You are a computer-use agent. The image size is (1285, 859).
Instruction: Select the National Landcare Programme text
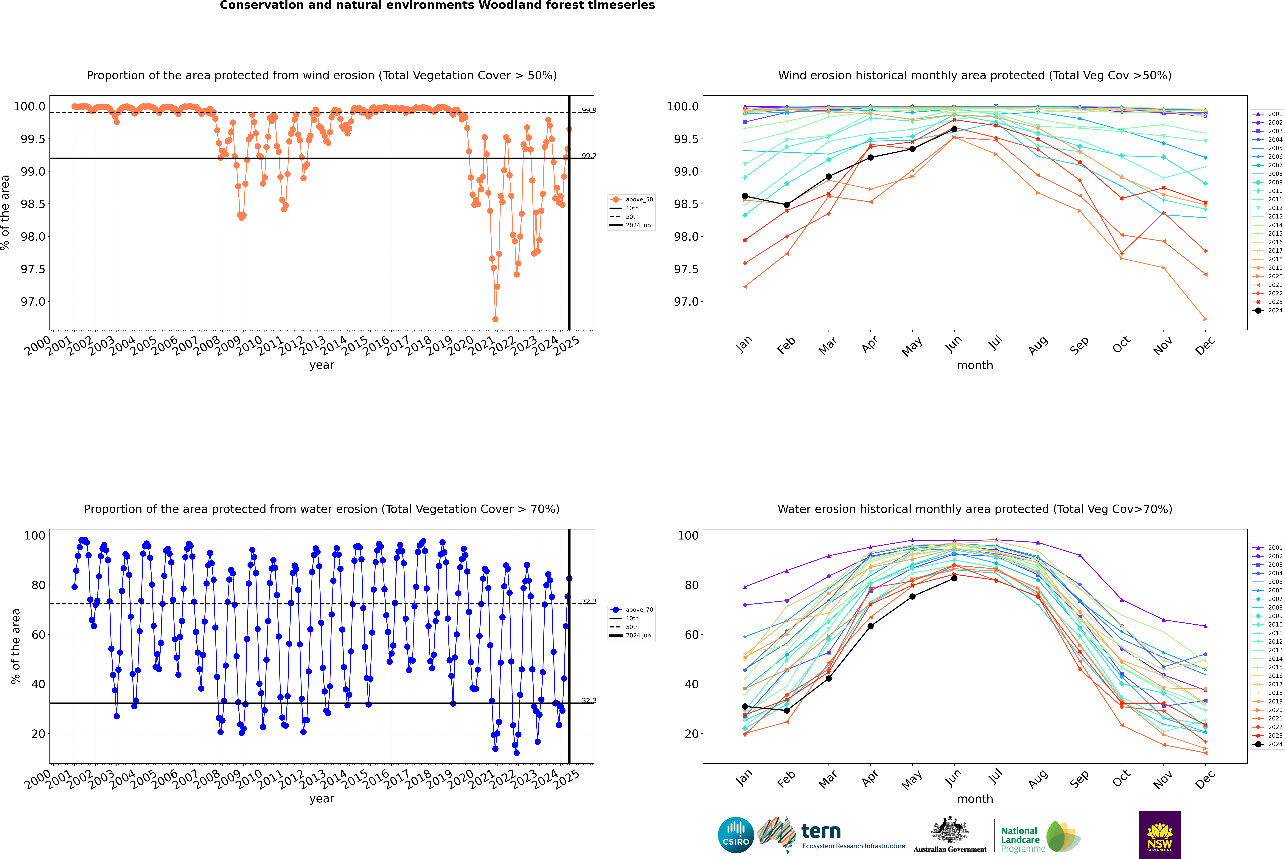click(x=1020, y=840)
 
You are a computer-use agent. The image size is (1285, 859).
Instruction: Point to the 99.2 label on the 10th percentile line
click(x=589, y=156)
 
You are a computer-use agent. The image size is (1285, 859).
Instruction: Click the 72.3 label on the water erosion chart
click(x=589, y=601)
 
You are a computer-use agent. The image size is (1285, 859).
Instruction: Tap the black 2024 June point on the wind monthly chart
click(x=954, y=129)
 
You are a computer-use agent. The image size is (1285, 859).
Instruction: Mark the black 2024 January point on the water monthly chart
click(x=745, y=707)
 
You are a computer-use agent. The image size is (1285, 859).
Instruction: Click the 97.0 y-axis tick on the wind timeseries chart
click(x=33, y=302)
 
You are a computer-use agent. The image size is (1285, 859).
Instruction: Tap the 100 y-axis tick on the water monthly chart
click(x=688, y=535)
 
